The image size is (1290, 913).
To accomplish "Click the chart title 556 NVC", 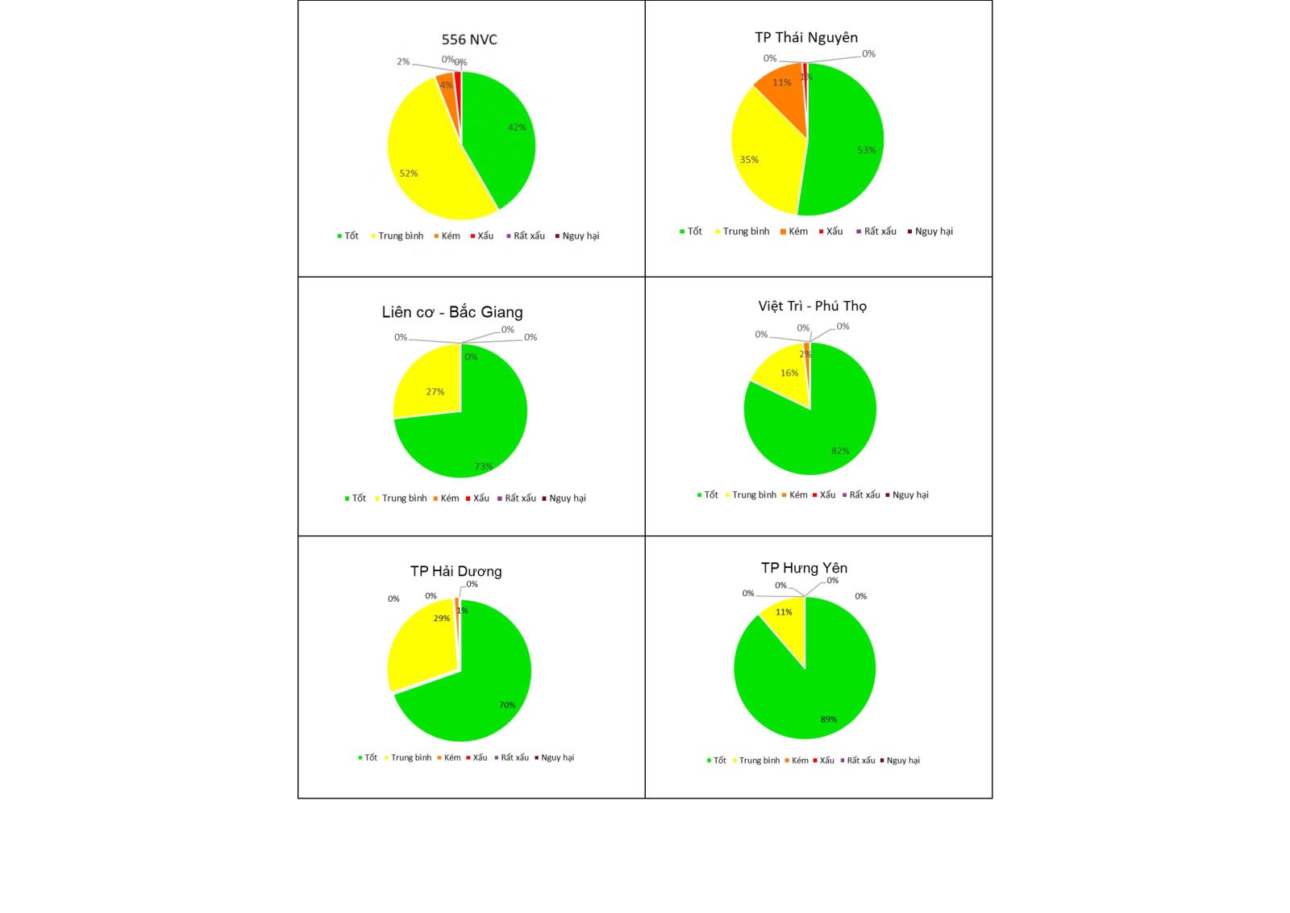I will tap(469, 40).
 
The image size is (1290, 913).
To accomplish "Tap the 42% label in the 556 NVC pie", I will tap(517, 127).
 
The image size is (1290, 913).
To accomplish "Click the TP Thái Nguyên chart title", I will tap(806, 37).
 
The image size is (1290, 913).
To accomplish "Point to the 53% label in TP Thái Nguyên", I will tap(867, 150).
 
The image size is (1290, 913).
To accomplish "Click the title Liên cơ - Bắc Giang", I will tap(452, 312).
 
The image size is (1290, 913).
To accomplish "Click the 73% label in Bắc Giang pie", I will tap(483, 466).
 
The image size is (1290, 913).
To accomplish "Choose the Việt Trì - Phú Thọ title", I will tap(812, 306).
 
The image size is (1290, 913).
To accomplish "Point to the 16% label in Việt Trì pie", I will tap(789, 373).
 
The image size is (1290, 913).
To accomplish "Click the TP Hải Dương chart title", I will tap(456, 571).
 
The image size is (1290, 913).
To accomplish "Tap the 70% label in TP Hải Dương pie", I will tap(507, 705).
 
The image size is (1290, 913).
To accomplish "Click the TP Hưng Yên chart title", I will tap(804, 568).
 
